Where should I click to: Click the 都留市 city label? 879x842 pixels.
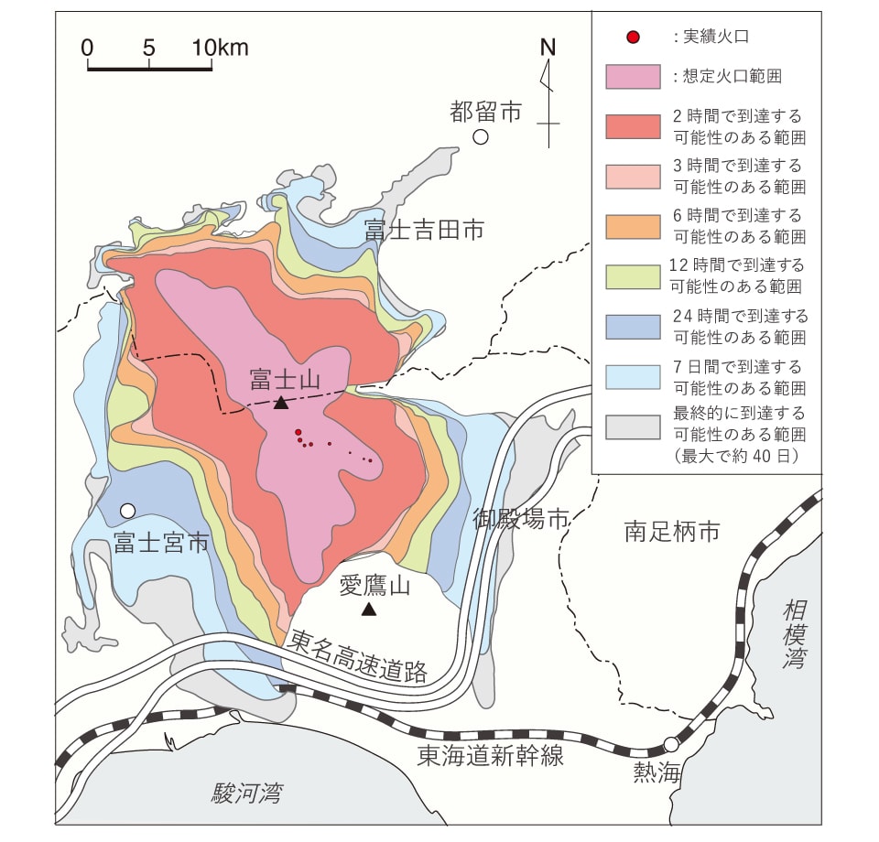[x=485, y=112]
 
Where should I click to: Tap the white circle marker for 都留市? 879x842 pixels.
[x=481, y=137]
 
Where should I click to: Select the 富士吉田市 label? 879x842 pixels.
[x=424, y=230]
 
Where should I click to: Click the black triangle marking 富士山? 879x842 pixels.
[x=281, y=402]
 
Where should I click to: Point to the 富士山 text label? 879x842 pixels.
[x=285, y=378]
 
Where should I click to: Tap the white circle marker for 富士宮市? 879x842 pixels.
[x=128, y=510]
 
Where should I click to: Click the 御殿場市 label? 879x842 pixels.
[x=521, y=519]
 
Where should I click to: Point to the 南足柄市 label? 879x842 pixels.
[x=672, y=530]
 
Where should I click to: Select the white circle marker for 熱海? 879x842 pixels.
[x=672, y=744]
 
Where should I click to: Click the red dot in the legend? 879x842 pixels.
[x=632, y=38]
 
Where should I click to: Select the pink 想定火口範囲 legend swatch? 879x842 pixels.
[x=633, y=77]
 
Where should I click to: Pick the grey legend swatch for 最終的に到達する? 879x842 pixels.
[x=633, y=426]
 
